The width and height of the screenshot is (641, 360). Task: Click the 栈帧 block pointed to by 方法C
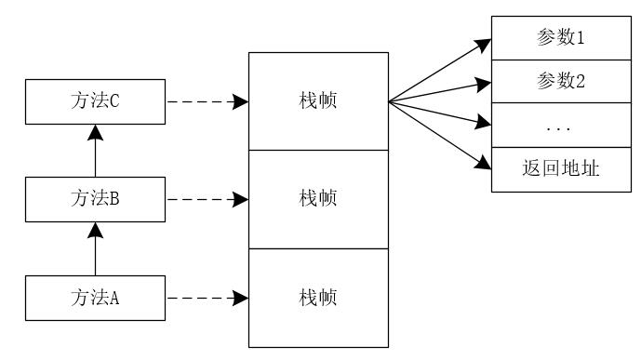pyautogui.click(x=317, y=101)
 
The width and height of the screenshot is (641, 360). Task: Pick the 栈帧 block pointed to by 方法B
pyautogui.click(x=317, y=199)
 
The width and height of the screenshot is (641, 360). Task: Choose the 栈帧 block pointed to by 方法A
pyautogui.click(x=317, y=298)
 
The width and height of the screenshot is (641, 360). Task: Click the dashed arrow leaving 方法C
pyautogui.click(x=207, y=101)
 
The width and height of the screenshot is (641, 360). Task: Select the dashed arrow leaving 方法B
pyautogui.click(x=207, y=199)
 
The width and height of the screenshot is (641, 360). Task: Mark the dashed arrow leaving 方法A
pyautogui.click(x=207, y=298)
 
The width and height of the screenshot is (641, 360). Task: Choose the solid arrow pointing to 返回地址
pyautogui.click(x=439, y=134)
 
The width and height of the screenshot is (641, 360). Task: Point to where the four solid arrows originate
pyautogui.click(x=389, y=101)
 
